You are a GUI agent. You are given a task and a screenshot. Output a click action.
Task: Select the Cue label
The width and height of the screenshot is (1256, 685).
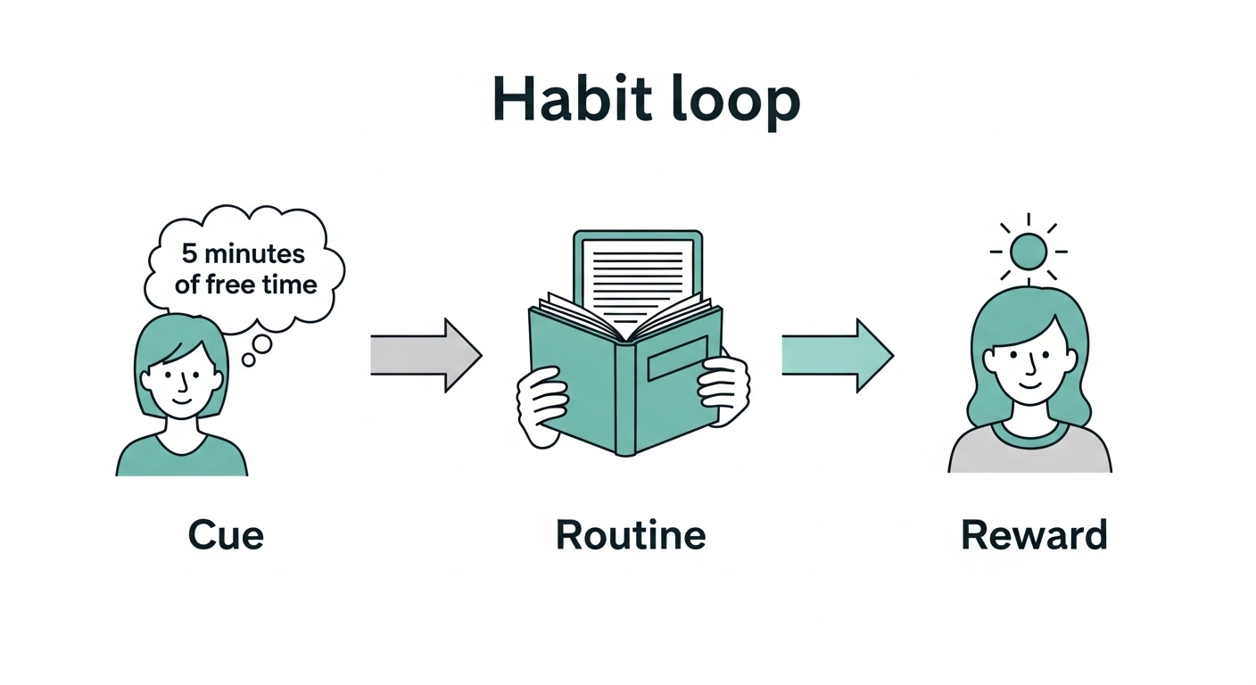point(226,535)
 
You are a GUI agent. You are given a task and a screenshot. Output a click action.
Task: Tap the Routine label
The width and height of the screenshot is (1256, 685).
point(631,535)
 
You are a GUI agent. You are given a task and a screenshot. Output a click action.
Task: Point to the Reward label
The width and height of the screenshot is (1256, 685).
point(1034,535)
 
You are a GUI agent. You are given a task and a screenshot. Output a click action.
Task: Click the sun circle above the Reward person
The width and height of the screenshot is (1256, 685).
point(1029,251)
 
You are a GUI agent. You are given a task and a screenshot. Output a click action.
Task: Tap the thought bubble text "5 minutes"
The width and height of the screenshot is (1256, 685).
point(243,253)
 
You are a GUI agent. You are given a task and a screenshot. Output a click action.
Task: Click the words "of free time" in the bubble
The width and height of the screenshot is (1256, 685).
point(245,285)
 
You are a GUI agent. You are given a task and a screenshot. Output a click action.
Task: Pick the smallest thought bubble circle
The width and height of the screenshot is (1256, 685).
point(248,359)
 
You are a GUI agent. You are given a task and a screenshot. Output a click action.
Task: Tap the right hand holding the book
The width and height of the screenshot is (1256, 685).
point(723,389)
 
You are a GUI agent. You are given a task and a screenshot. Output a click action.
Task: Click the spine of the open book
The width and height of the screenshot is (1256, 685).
point(625,392)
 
